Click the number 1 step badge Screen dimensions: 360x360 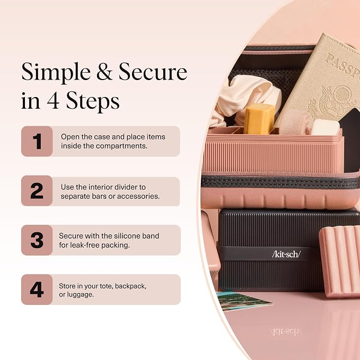pyautogui.click(x=37, y=141)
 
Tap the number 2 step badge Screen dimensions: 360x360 pyautogui.click(x=37, y=190)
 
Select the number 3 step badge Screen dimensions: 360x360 pyautogui.click(x=37, y=240)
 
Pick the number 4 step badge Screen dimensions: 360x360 pyautogui.click(x=37, y=289)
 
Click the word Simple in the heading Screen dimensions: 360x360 pyautogui.click(x=56, y=73)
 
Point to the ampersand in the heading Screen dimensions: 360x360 pyautogui.click(x=104, y=72)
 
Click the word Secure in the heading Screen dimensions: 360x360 pyautogui.click(x=153, y=72)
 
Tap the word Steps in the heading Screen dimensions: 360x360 pyautogui.click(x=93, y=101)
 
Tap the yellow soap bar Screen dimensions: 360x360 pyautogui.click(x=259, y=118)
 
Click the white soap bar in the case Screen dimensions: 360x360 pyautogui.click(x=325, y=127)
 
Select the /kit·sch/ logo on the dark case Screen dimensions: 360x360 pyautogui.click(x=286, y=254)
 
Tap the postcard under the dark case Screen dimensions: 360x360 pyautogui.click(x=244, y=301)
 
